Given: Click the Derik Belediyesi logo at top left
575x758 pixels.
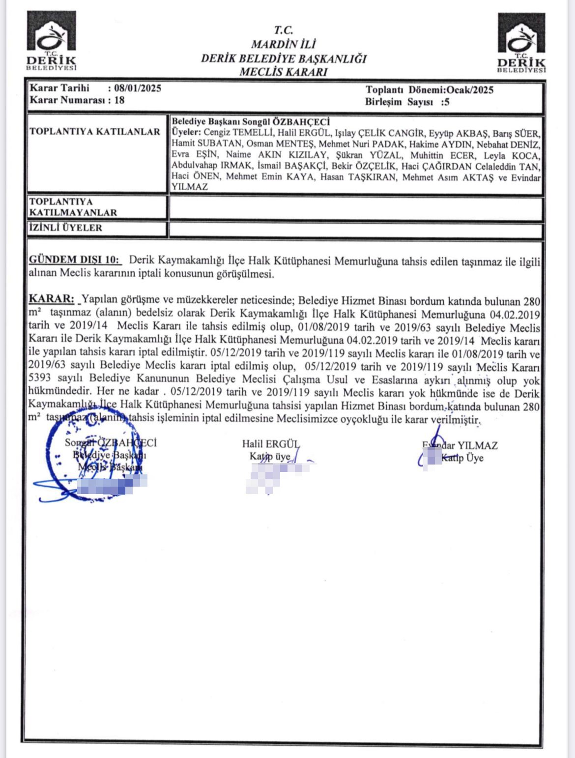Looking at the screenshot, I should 52,41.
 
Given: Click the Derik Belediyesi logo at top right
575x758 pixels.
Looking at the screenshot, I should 521,43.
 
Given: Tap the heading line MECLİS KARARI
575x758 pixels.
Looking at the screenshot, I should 283,72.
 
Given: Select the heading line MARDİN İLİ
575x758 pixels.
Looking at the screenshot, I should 283,44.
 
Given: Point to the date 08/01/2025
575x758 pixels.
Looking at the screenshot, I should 138,88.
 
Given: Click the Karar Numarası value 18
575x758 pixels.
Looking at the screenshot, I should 119,100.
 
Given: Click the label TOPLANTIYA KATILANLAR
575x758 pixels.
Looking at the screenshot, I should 95,132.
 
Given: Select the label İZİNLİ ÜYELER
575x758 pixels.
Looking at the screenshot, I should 65,228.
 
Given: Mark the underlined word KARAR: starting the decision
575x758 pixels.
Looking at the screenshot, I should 52,299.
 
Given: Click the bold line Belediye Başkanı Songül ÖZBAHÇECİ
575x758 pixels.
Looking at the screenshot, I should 251,121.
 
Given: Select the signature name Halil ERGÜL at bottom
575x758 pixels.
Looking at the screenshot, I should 270,444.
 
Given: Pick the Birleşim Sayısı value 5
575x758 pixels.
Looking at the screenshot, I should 446,102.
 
